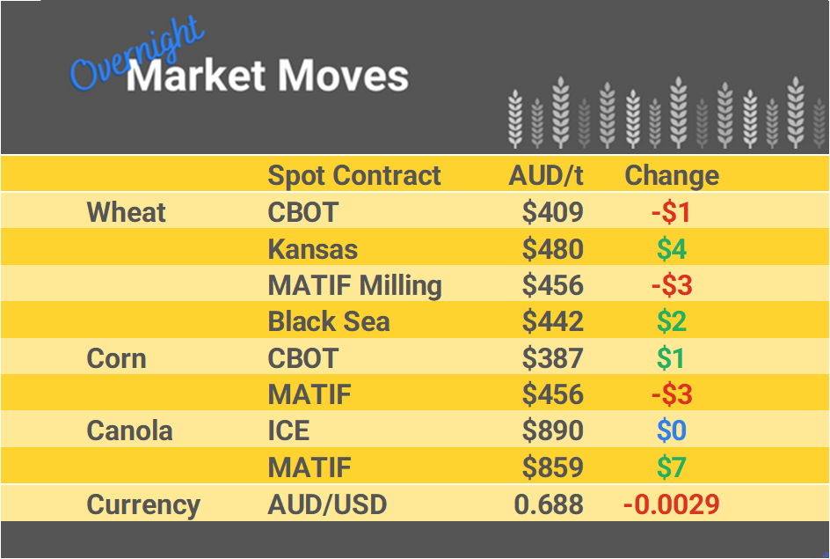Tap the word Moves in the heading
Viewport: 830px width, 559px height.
[x=342, y=77]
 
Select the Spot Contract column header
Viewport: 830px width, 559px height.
[x=353, y=176]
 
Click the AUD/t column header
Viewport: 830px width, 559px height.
[x=545, y=176]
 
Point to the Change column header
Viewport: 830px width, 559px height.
[x=671, y=176]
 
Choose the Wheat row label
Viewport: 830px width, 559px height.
[x=126, y=213]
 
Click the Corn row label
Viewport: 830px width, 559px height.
[x=116, y=359]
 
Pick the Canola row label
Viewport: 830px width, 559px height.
[x=129, y=431]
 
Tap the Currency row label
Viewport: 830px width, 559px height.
[x=143, y=505]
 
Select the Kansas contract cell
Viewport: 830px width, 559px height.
[x=312, y=250]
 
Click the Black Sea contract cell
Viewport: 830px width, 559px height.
[x=328, y=322]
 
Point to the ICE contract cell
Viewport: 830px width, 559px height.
[x=288, y=431]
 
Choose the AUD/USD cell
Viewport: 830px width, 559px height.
[x=327, y=505]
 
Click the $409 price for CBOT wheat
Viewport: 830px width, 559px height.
[x=552, y=213]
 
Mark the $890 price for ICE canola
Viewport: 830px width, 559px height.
[x=552, y=431]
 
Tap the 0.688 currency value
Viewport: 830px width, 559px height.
[x=549, y=505]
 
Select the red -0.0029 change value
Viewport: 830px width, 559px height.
[x=671, y=505]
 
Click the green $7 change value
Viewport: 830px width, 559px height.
[x=672, y=468]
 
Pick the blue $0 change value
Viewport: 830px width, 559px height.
[x=672, y=431]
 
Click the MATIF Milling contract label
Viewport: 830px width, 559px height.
[x=354, y=286]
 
